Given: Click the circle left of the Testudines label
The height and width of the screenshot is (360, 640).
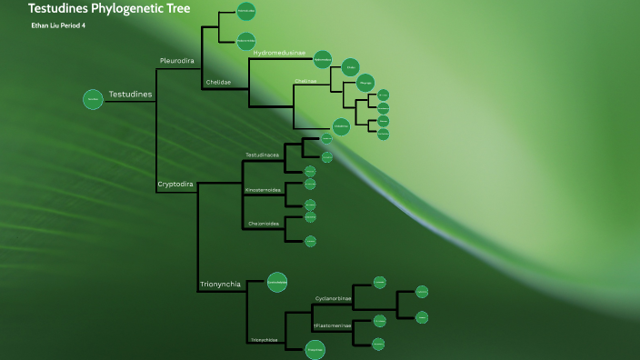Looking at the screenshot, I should coord(93,100).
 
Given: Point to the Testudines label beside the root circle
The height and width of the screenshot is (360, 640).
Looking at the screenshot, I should coord(131,95).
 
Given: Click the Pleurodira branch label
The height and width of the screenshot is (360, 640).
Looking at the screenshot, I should coord(177,61).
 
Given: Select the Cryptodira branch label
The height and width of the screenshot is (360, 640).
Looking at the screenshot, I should coord(175,184).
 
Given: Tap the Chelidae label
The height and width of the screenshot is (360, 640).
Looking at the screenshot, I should coord(218,82).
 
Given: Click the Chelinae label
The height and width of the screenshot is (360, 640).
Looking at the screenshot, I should coord(305,81).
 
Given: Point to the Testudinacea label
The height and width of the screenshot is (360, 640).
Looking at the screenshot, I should coord(263,155).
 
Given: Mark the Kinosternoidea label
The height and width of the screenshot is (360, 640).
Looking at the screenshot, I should coord(263,189).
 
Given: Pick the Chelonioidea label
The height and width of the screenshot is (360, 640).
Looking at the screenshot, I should coord(263,223).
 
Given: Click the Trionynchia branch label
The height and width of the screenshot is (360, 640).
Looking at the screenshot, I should coord(220,285).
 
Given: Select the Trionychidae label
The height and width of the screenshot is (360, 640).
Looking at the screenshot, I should coord(265,340).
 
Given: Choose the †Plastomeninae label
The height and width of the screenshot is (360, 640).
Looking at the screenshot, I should coord(333,325).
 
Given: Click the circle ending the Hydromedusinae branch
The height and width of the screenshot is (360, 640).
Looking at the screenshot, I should coord(323,61).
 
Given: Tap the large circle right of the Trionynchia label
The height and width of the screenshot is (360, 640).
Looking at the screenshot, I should coord(277,283).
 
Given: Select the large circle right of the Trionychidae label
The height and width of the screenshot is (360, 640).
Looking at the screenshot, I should coord(315,345).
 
